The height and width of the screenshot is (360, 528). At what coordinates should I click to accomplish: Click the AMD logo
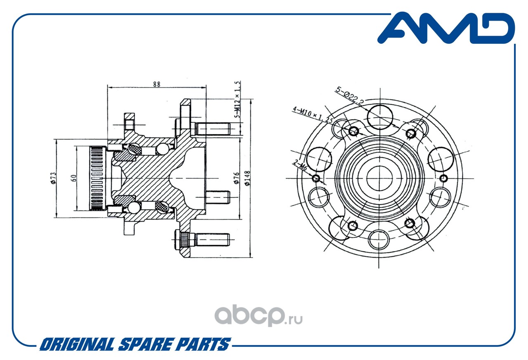(446, 28)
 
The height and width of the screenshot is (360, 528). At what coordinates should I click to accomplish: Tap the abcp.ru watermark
(258, 315)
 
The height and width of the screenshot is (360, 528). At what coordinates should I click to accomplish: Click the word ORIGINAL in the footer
(77, 344)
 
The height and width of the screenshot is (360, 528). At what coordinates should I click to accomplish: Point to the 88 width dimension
(156, 84)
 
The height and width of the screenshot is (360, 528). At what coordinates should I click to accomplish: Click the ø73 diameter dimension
(53, 178)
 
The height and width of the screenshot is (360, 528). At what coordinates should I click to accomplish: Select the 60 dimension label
(73, 178)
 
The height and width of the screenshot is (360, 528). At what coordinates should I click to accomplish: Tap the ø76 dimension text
(236, 178)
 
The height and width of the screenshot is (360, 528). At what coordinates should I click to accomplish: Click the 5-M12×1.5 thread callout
(237, 99)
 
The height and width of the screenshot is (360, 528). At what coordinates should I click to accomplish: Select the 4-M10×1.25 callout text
(313, 115)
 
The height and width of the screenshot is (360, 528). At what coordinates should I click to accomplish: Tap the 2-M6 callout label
(300, 165)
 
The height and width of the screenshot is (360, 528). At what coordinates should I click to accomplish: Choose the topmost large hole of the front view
(380, 117)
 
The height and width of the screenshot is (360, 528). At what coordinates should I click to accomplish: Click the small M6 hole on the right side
(443, 178)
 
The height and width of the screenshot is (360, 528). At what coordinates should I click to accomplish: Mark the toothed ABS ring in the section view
(97, 178)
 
